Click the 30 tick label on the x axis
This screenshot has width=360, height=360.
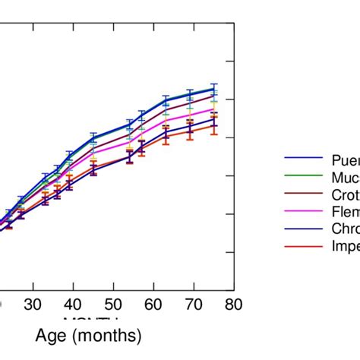coord(33,305)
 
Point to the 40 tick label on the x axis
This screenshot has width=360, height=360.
coord(73,305)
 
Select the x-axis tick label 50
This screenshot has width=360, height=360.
coord(113,305)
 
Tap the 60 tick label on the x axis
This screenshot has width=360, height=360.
coord(153,305)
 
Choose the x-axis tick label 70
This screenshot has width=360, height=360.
coord(194,305)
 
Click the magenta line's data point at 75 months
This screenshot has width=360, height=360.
coord(213,109)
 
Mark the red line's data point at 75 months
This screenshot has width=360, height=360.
coord(213,125)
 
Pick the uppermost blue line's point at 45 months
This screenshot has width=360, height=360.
coord(93,137)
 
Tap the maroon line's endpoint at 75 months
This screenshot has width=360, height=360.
coord(213,96)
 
